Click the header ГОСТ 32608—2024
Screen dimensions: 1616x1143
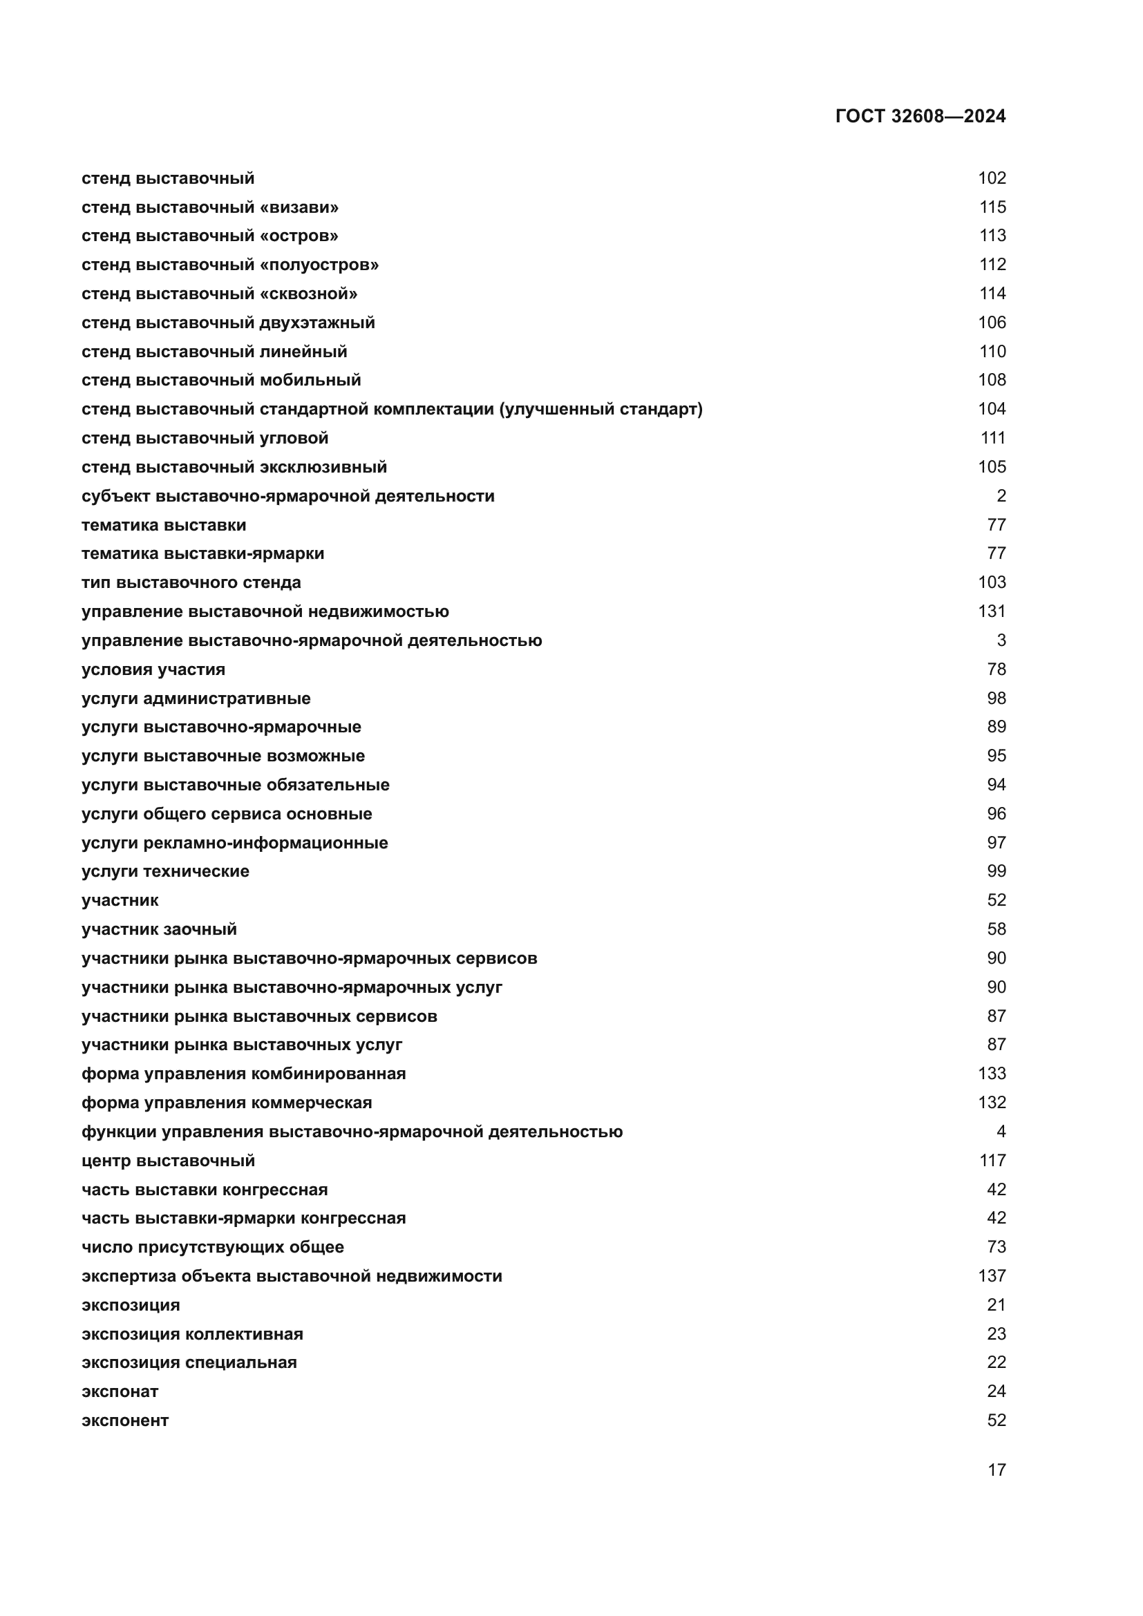click(x=920, y=117)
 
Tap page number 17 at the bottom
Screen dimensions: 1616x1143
click(x=996, y=1470)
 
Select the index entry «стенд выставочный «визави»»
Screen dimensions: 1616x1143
click(x=210, y=208)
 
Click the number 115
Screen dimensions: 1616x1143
click(x=992, y=208)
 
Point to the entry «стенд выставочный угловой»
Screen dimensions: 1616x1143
click(x=205, y=439)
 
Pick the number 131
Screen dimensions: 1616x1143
click(x=992, y=611)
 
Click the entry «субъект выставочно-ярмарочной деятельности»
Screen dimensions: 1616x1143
click(x=288, y=496)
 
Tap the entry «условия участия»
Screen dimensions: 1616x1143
click(x=153, y=669)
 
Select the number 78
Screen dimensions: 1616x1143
click(x=996, y=669)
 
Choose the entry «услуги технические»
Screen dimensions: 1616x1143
click(x=165, y=871)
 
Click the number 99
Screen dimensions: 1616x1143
click(x=996, y=871)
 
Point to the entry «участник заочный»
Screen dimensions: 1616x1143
click(x=159, y=929)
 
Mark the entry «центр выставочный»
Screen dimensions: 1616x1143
click(x=168, y=1161)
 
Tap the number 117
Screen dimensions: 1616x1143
click(x=992, y=1161)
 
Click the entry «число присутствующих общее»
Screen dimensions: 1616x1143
click(x=213, y=1247)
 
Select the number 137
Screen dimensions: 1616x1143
click(x=992, y=1276)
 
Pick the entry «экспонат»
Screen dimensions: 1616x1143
click(x=120, y=1391)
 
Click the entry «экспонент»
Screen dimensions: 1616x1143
click(x=125, y=1420)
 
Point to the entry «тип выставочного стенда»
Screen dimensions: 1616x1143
click(x=191, y=583)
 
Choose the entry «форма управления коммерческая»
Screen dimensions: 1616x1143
click(x=227, y=1103)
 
